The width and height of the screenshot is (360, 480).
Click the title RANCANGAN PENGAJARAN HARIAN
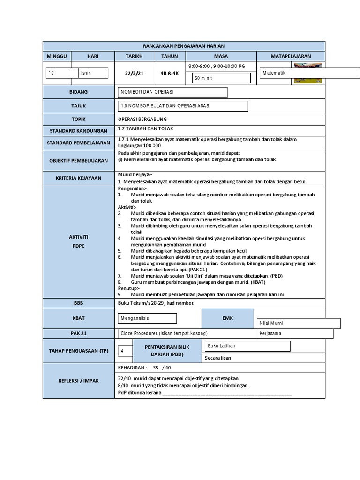[x=184, y=46]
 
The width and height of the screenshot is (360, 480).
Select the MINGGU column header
[x=57, y=56]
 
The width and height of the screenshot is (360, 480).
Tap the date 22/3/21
[x=134, y=73]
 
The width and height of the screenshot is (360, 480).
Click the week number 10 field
[x=62, y=73]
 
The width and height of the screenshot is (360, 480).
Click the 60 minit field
[x=221, y=78]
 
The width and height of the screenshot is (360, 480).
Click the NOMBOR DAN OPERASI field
[x=172, y=92]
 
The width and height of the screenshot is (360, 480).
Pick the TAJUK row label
[x=78, y=106]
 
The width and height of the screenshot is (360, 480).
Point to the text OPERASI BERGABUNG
[x=142, y=119]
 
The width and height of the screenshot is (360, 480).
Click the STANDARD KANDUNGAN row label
[x=78, y=131]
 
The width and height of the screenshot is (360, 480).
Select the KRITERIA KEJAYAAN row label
[x=78, y=178]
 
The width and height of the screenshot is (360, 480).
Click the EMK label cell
[x=227, y=318]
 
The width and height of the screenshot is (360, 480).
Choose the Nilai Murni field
[x=299, y=323]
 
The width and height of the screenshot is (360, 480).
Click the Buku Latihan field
[x=247, y=346]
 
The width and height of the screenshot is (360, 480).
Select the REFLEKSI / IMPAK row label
[x=78, y=381]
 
